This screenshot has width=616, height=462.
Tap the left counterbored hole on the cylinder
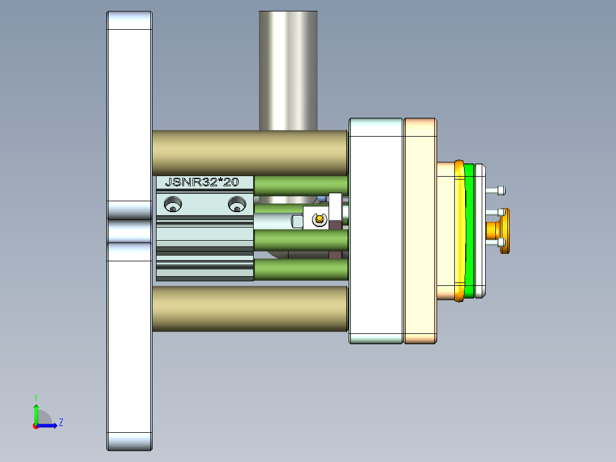tap(172, 204)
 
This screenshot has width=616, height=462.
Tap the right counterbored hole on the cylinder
tap(236, 204)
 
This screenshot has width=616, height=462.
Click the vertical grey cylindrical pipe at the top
tap(288, 69)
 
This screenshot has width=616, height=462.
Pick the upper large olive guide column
tap(250, 152)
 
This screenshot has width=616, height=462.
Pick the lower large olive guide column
tap(250, 309)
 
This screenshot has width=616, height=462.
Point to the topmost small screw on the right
tap(500, 190)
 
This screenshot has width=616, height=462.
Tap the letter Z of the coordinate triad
tap(61, 423)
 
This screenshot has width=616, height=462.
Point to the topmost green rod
tap(301, 185)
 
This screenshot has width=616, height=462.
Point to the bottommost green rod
tap(301, 269)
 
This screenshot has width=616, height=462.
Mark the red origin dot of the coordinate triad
tap(36, 425)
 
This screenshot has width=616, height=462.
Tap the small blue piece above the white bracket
tap(322, 198)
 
